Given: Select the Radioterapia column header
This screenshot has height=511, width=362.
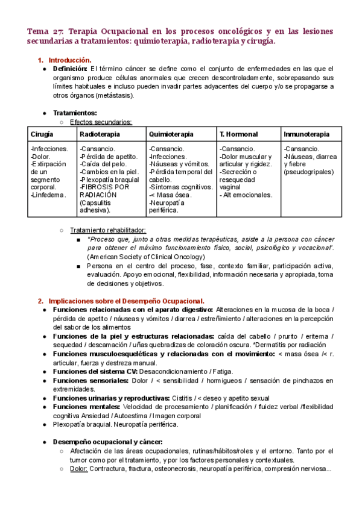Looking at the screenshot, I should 100,134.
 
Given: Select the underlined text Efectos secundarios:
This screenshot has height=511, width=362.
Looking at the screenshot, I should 101,122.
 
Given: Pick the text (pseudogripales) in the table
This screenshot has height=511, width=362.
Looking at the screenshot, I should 305,172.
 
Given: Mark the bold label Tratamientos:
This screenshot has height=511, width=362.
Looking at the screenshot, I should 75,113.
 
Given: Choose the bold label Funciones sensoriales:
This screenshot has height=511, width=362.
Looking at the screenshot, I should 90,380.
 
